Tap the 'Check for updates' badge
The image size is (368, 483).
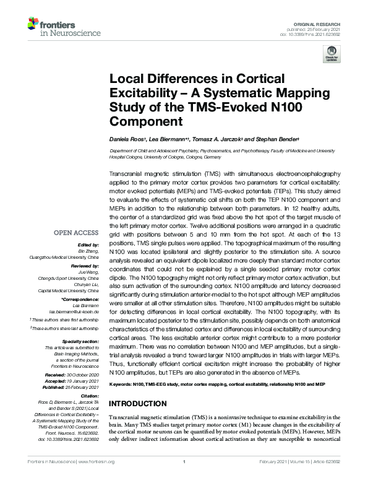point(332,56)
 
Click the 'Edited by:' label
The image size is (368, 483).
point(89,245)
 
